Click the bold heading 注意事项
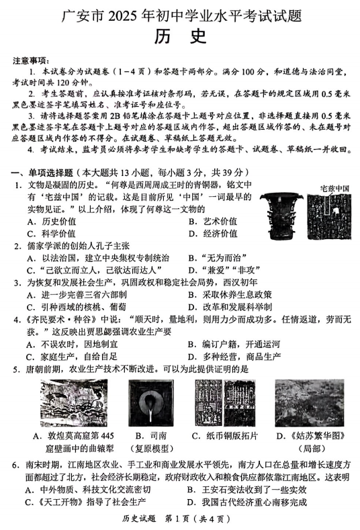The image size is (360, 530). pos(30,60)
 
